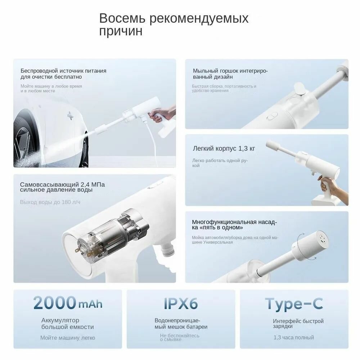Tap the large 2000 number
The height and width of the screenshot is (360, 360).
[x=55, y=303]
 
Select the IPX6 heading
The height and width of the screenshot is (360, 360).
[x=181, y=303]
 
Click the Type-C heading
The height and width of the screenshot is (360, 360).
[x=294, y=304]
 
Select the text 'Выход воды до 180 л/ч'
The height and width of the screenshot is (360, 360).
[x=50, y=202]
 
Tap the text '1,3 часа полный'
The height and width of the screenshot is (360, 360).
[x=293, y=337]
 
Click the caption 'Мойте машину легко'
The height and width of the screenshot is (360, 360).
[x=68, y=338]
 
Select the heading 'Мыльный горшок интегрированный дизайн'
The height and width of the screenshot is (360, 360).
[x=230, y=74]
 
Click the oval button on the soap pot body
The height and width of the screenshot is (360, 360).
[x=272, y=117]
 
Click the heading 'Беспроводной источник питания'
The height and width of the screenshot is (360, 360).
[x=63, y=71]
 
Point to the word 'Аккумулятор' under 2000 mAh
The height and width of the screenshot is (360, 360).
[x=60, y=320]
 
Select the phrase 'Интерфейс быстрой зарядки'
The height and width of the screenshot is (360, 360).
[x=298, y=323]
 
